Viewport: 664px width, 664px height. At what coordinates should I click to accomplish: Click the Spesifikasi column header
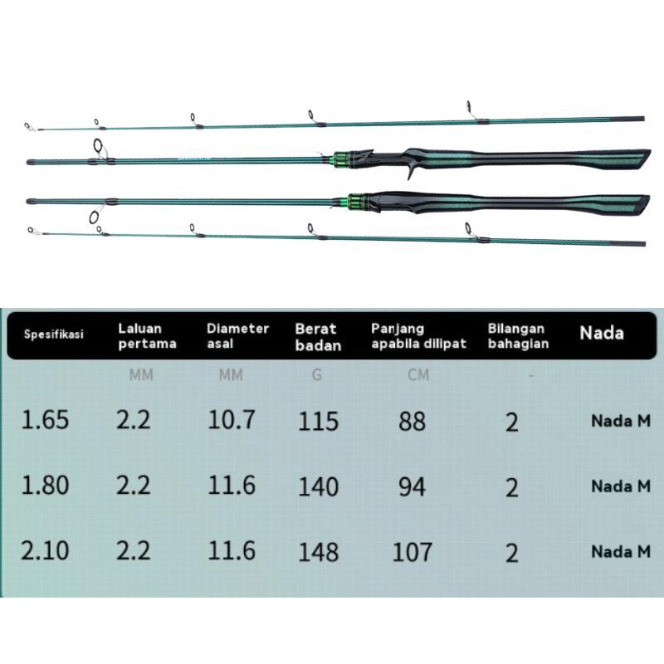(53, 335)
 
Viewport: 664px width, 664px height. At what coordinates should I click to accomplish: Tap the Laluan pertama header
(147, 335)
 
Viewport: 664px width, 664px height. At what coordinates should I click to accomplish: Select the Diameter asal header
(237, 335)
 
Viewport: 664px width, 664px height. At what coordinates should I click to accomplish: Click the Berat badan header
(317, 336)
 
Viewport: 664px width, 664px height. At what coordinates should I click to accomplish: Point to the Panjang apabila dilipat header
(418, 336)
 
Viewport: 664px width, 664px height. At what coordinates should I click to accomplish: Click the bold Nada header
(601, 334)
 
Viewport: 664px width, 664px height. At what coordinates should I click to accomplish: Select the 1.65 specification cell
(46, 420)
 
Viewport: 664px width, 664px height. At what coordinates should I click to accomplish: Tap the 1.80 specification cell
(46, 486)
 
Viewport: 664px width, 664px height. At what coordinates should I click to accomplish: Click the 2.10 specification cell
(46, 550)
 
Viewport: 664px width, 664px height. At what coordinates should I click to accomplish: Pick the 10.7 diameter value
(231, 420)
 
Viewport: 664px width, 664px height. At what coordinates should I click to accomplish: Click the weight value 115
(318, 421)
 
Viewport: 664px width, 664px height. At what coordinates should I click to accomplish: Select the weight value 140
(318, 486)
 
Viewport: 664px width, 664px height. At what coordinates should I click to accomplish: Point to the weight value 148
(318, 551)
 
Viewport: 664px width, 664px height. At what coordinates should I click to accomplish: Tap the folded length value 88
(412, 421)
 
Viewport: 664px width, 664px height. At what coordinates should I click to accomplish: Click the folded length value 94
(412, 486)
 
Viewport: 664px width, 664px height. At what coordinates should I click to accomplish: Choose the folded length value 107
(412, 551)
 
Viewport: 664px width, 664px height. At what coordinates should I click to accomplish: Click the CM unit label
(418, 375)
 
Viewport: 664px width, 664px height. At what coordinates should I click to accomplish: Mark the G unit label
(316, 375)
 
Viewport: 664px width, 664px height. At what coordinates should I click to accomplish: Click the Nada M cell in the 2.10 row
(620, 551)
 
